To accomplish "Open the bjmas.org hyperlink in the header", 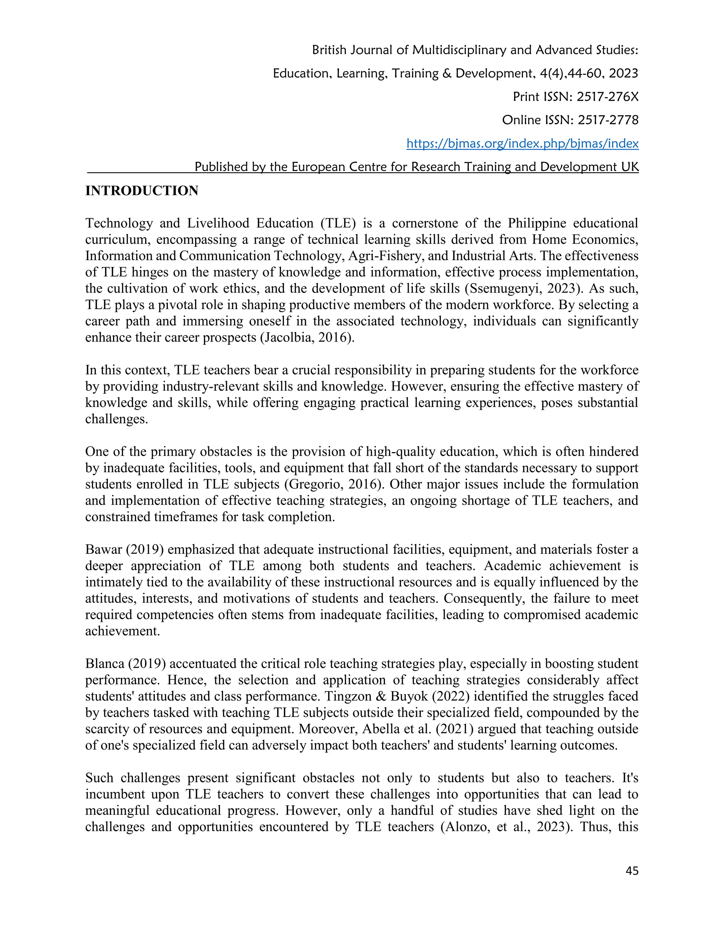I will point(522,143).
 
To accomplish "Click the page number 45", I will point(632,870).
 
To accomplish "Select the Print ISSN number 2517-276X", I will point(607,96).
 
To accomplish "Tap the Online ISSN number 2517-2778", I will point(608,120).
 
